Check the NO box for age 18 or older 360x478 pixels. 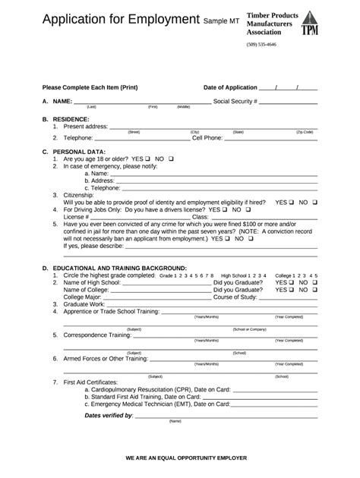[x=171, y=159]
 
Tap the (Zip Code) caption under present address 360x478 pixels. [x=304, y=132]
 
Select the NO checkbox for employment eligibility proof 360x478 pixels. [x=314, y=203]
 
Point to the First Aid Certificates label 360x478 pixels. [x=90, y=382]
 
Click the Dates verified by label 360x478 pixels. [x=109, y=415]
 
